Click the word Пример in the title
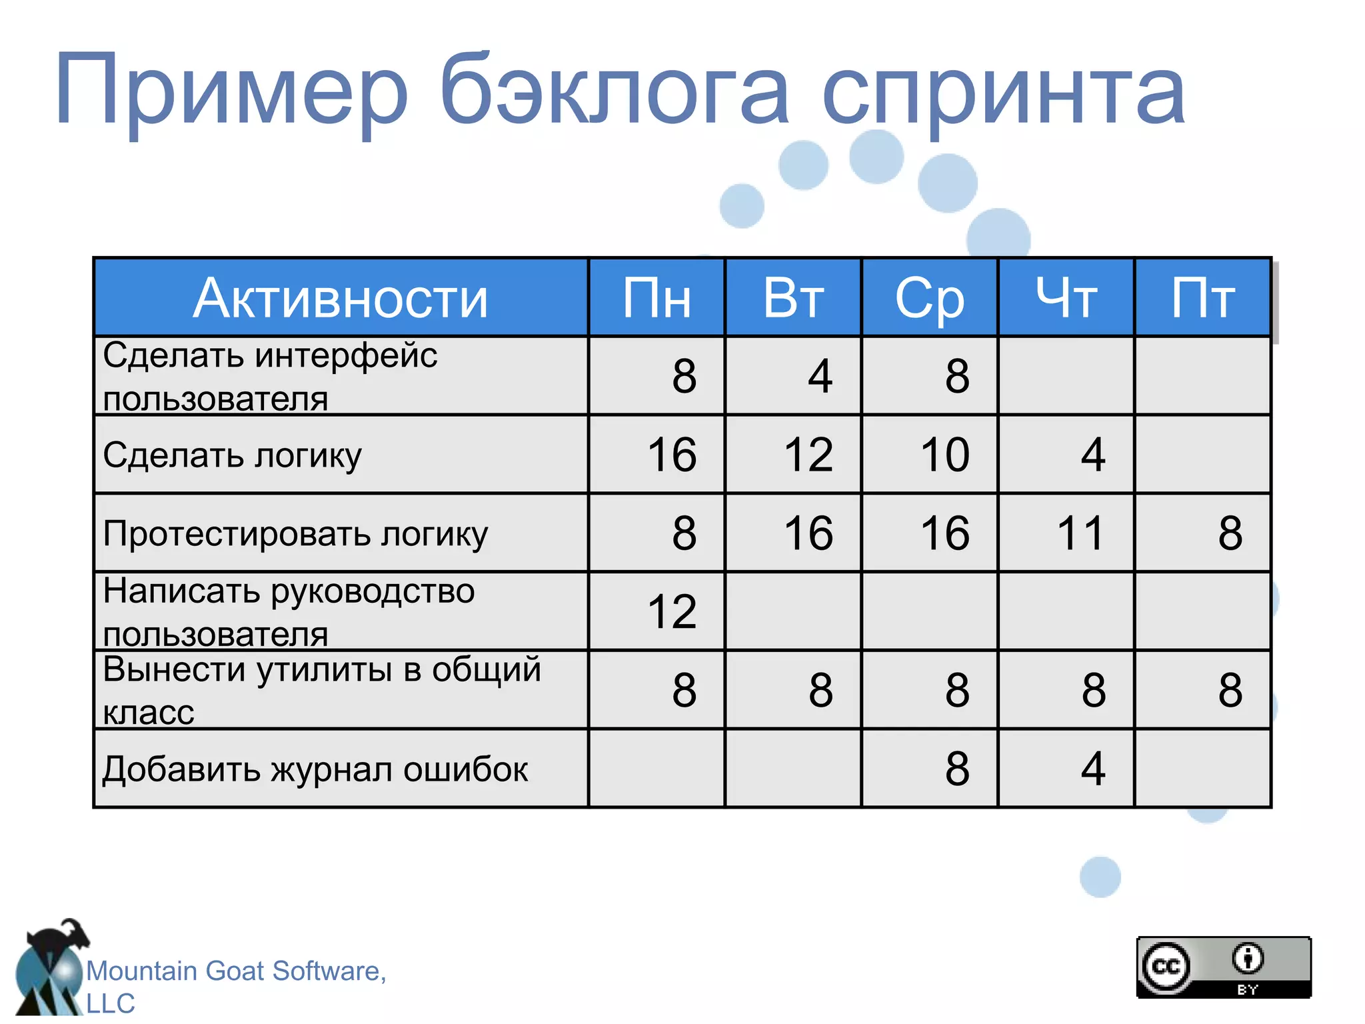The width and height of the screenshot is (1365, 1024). click(230, 90)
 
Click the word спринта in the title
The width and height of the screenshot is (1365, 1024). click(1003, 93)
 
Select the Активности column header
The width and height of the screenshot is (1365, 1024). click(341, 298)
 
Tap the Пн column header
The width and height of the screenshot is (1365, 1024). click(657, 298)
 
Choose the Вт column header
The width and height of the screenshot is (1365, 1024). click(793, 298)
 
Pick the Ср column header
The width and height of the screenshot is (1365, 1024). click(930, 298)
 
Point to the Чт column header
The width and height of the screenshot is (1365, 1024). click(1066, 298)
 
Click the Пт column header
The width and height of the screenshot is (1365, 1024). click(1203, 298)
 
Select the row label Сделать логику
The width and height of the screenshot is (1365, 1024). click(232, 456)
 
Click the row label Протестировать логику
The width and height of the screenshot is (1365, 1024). click(295, 534)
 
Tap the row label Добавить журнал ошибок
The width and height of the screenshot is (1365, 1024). click(315, 769)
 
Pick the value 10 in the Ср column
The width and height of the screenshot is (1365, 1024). click(944, 455)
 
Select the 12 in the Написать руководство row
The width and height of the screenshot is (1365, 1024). click(672, 612)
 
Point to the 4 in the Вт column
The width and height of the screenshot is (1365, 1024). click(820, 377)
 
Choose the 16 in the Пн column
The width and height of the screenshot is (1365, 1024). click(672, 455)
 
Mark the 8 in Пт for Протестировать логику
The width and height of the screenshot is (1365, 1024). click(1230, 533)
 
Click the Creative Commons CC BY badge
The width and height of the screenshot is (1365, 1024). click(1224, 967)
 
